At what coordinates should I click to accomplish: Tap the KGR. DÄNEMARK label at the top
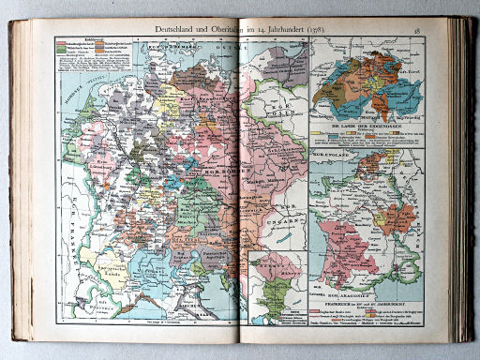click(151, 45)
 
